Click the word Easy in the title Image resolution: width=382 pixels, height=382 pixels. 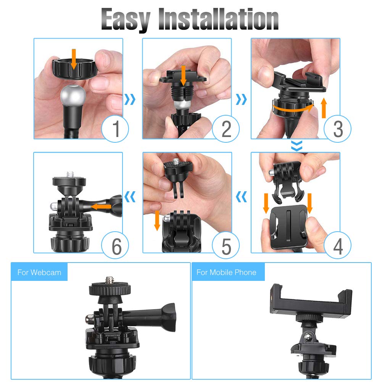pos(126,20)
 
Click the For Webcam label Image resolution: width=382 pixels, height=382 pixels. pos(39,272)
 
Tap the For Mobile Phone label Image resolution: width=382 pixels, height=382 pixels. pos(226,272)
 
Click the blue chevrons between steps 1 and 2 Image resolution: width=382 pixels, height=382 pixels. pos(131,100)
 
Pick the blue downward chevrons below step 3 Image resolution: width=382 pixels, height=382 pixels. pos(296,145)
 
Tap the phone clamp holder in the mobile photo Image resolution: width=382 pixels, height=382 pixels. pos(311,300)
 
